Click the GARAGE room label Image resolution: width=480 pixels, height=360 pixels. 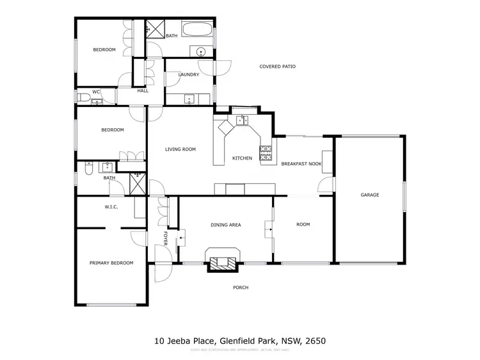point(369,195)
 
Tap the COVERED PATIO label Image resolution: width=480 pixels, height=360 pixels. point(277,67)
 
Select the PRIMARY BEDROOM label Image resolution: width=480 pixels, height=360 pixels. point(111,263)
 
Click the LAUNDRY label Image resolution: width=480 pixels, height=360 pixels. point(188,74)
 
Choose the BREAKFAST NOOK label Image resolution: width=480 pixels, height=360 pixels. point(301,164)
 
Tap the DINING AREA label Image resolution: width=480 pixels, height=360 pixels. point(225,225)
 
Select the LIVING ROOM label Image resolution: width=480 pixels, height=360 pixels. point(180,149)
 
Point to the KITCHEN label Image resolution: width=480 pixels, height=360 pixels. point(242,158)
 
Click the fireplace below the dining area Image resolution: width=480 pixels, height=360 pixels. point(222,261)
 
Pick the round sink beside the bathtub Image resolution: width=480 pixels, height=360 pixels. point(200,52)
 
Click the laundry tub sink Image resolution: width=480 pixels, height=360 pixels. point(189,99)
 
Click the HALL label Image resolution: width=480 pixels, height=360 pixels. point(142,91)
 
